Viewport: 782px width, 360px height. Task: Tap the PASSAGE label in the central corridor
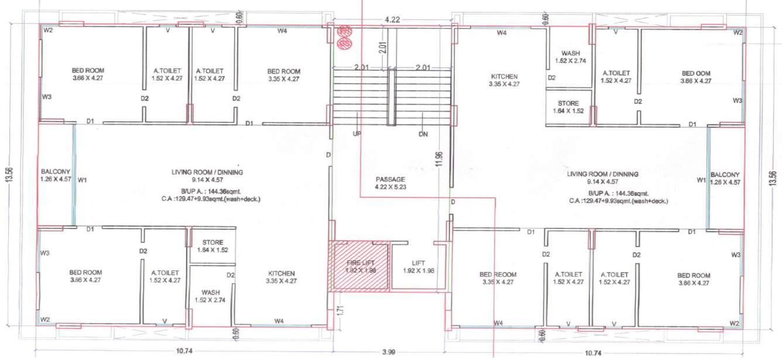390,179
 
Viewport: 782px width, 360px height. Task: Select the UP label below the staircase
357,133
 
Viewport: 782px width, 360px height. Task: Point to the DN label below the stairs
423,134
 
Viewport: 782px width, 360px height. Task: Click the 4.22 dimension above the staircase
392,19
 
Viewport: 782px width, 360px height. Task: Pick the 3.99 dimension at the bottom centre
389,352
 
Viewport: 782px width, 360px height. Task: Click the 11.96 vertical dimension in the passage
439,159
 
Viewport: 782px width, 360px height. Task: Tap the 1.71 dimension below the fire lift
341,310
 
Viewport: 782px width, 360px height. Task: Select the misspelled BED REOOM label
498,275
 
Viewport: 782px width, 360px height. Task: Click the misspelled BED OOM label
696,73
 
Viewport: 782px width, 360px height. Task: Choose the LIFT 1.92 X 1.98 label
419,267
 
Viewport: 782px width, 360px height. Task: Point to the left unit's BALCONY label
56,172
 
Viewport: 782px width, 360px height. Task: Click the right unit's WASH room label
571,53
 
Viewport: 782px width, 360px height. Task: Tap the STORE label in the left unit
212,242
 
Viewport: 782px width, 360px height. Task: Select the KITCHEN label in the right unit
504,77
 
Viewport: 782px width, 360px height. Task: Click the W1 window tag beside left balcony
82,180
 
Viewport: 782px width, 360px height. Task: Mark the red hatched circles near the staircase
345,37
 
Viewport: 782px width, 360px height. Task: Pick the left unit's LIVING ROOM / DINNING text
207,172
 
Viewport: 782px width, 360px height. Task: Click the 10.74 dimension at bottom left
184,351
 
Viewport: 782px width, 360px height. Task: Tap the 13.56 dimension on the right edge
773,178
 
